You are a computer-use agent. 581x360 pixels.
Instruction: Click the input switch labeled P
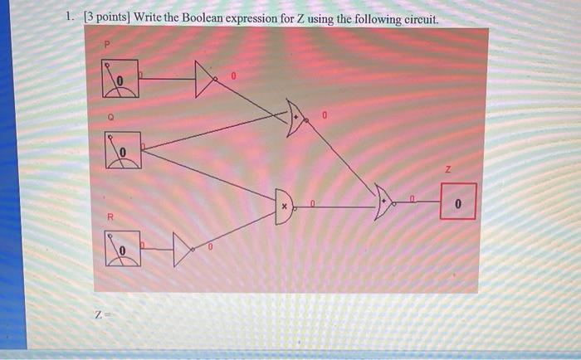(x=120, y=80)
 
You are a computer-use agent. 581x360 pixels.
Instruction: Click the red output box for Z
(x=458, y=202)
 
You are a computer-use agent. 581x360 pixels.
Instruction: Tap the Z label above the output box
(x=449, y=168)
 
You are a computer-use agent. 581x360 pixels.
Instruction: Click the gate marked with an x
(x=286, y=204)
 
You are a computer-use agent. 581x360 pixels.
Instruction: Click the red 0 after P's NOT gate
(x=234, y=76)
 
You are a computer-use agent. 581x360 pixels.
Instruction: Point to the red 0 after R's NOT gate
(x=211, y=246)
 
